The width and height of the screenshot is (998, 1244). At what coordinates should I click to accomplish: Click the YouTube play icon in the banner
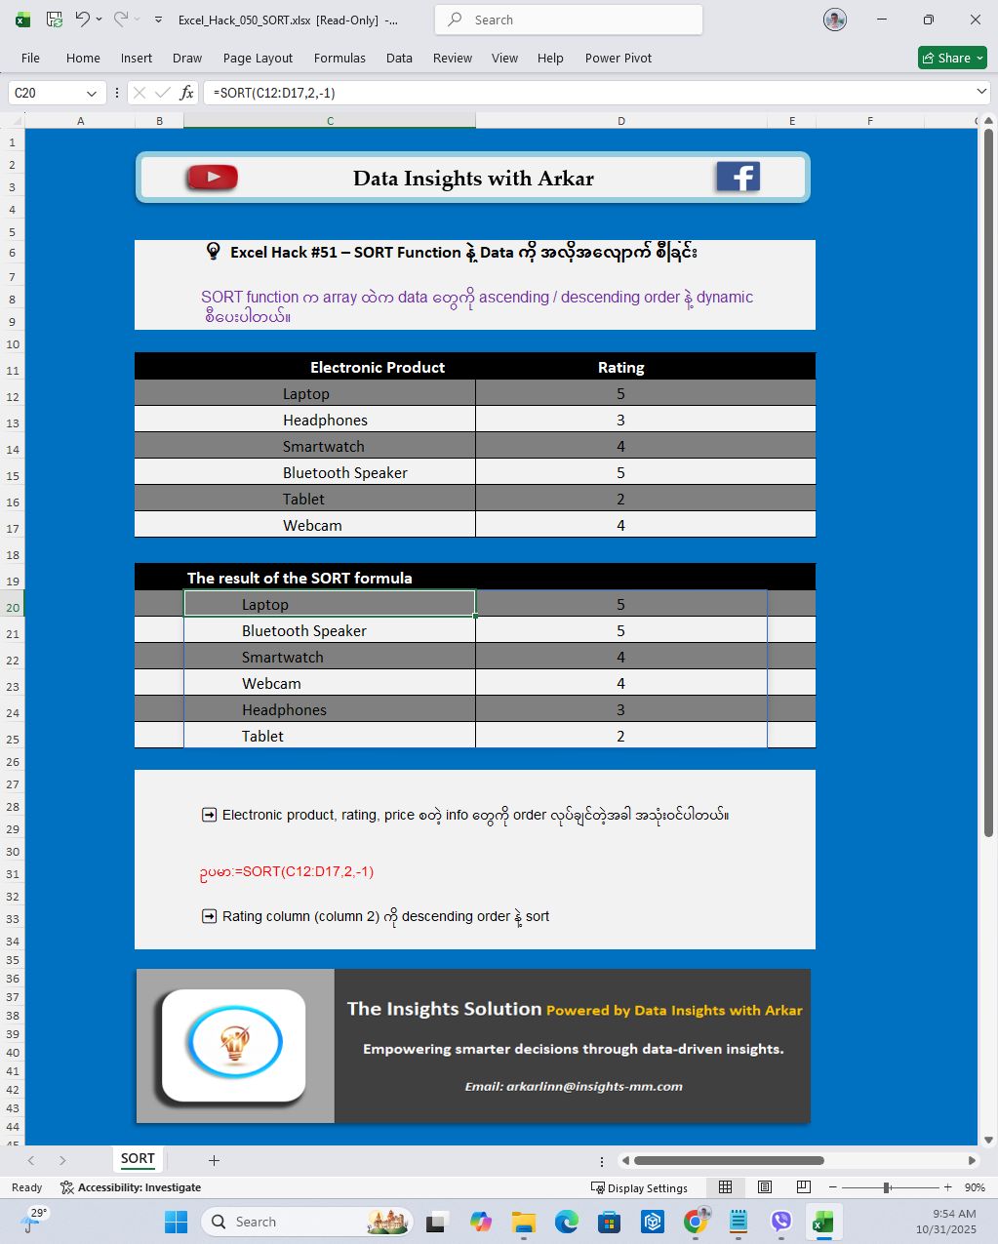point(212,178)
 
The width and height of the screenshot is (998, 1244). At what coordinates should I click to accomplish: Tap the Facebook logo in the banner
point(738,177)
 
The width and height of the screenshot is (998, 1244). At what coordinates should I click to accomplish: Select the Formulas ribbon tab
point(339,58)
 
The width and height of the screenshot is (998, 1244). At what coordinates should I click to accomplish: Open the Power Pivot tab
point(618,58)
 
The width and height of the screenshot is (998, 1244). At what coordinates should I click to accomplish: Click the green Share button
point(952,58)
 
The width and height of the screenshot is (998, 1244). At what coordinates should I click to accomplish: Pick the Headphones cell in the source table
point(325,420)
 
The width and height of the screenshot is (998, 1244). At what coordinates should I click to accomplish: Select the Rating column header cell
point(620,367)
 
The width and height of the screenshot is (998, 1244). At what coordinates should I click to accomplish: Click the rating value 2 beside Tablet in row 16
point(620,499)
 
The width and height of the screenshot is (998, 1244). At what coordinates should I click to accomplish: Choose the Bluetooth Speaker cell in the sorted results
point(304,630)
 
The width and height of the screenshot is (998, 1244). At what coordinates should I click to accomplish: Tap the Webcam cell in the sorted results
point(271,683)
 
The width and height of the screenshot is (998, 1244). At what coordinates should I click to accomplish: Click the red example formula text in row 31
point(287,871)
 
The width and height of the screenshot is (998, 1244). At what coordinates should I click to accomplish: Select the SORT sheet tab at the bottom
point(138,1159)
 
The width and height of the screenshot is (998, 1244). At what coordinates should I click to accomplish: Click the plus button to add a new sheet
point(214,1160)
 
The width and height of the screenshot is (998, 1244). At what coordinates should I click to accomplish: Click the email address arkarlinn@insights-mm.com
point(574,1086)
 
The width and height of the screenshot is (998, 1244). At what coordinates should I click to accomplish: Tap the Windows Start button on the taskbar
point(177,1222)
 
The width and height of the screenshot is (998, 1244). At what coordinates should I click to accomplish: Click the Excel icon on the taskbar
point(822,1222)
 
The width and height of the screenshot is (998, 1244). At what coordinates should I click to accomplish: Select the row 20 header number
point(13,607)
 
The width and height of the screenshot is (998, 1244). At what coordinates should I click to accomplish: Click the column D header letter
point(620,121)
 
